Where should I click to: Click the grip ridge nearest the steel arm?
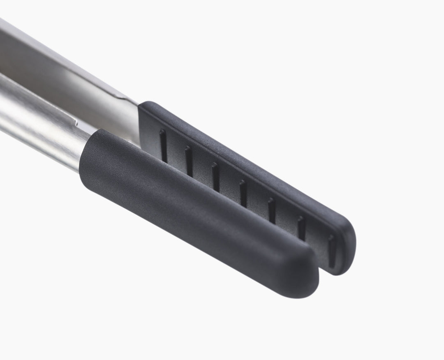click(163, 146)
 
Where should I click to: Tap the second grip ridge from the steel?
click(189, 162)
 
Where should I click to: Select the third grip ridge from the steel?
click(215, 177)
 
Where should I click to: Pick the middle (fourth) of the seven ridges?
click(243, 193)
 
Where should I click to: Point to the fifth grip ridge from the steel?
click(271, 210)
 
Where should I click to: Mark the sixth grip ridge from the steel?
click(301, 228)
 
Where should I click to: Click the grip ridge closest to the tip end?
click(331, 251)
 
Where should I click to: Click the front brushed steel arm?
click(37, 123)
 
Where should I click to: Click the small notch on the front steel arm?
click(76, 122)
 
